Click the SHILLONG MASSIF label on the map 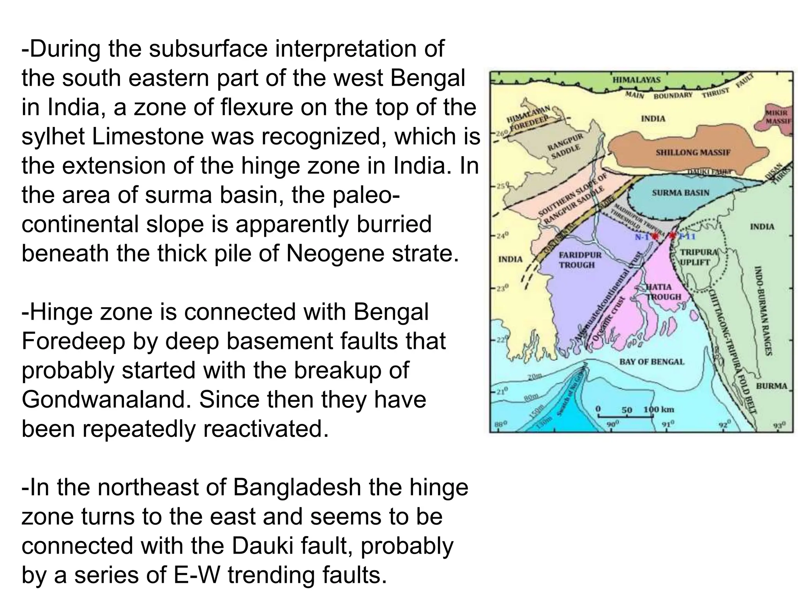coord(693,152)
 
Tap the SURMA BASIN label coord(680,193)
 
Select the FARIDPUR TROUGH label coord(580,260)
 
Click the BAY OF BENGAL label coord(651,362)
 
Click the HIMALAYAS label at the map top coord(636,79)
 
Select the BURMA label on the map coord(771,386)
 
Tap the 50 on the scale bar coord(627,410)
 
